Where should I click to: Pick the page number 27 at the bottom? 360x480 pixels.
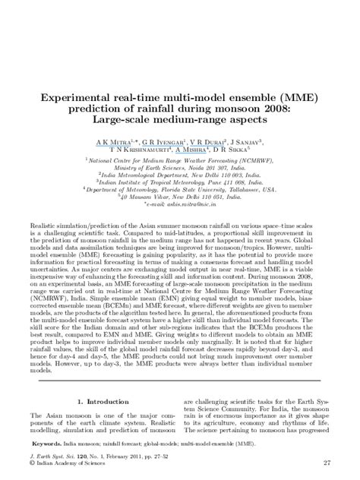point(326,463)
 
